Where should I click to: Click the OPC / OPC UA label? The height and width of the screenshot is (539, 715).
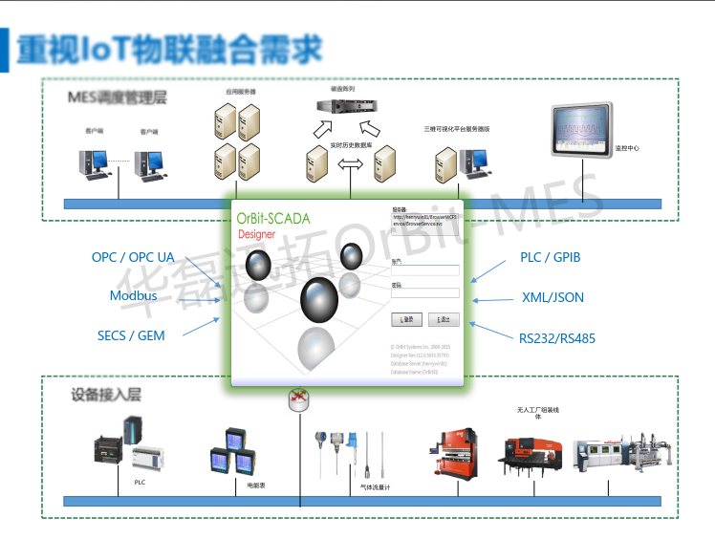coord(133,258)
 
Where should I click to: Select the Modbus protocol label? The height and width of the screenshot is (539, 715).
coord(133,296)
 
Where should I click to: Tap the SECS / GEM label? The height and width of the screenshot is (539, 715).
coord(131,335)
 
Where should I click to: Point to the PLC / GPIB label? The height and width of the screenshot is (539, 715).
coord(550,257)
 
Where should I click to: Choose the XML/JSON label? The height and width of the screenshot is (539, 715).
coord(552,297)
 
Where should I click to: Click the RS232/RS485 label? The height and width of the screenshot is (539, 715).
coord(556,338)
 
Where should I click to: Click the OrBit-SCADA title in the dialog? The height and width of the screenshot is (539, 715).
coord(273,219)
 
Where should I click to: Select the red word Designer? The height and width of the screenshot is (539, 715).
coord(256,234)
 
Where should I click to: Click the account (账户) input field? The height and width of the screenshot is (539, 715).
coord(425,270)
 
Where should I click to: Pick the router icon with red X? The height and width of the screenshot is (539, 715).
coord(299,399)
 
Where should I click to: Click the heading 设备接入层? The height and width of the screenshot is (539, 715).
coord(106,394)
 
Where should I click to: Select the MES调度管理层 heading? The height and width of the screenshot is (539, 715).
coord(117,97)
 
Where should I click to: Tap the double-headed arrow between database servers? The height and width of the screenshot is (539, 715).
coord(351,165)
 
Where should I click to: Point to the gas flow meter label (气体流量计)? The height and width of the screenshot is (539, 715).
coord(375,486)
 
